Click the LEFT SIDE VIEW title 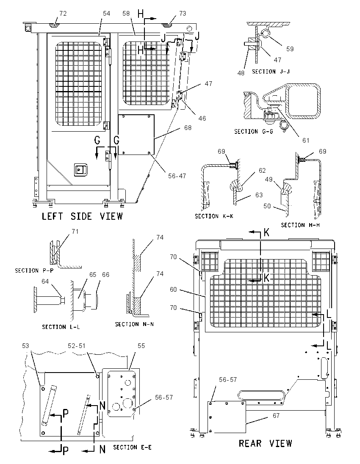82,216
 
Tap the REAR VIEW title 265,443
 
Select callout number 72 63,13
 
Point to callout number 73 183,13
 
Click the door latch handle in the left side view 79,170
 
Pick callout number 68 188,128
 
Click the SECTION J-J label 271,72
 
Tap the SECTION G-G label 253,131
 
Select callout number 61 306,141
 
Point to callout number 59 290,49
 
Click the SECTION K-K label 214,216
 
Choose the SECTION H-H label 300,225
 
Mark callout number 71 75,232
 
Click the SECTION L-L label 61,327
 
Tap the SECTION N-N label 134,324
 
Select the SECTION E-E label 132,447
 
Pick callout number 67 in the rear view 276,416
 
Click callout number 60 173,290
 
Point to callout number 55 141,345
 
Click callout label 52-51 76,345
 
